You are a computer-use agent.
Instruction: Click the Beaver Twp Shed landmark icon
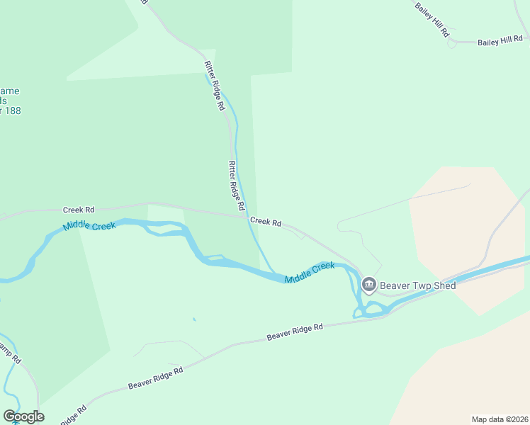368,285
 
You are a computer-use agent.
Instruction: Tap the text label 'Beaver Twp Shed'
418,285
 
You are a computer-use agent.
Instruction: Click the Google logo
23,416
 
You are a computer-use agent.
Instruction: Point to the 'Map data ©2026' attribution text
500,419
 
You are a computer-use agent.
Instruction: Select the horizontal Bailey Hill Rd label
500,42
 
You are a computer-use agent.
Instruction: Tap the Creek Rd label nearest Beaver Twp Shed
266,222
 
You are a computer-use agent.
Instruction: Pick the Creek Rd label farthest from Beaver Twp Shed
79,210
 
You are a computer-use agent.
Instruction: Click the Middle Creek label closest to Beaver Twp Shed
310,273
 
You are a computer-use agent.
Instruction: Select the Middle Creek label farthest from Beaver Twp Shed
89,227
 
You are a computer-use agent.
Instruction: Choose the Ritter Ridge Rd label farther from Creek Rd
214,85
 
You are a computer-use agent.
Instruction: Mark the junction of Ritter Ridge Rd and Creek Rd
247,217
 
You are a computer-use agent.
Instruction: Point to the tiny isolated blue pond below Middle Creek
193,319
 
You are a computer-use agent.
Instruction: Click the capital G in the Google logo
9,416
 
